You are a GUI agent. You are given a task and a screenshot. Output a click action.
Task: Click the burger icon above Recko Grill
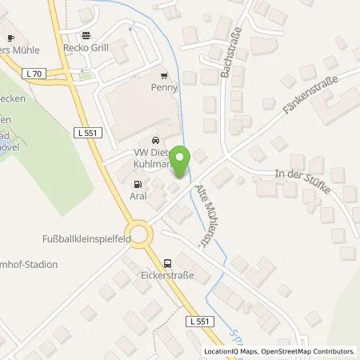point(86,34)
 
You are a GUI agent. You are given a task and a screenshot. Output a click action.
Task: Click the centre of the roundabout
point(141,234)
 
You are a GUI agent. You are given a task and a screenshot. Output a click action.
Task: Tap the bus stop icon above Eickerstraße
point(167,263)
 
